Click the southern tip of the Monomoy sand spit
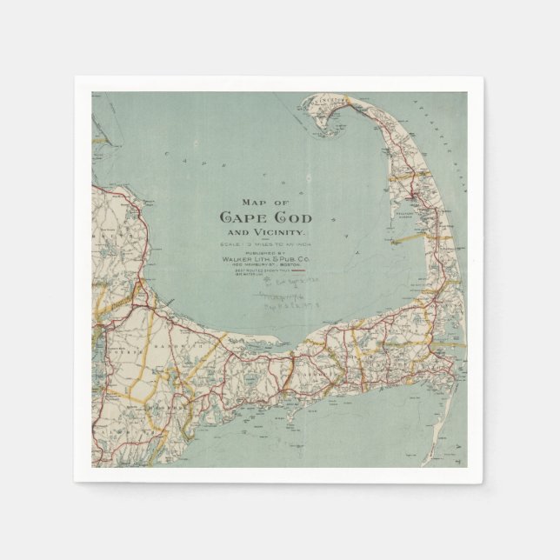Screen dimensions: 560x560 (423, 461)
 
